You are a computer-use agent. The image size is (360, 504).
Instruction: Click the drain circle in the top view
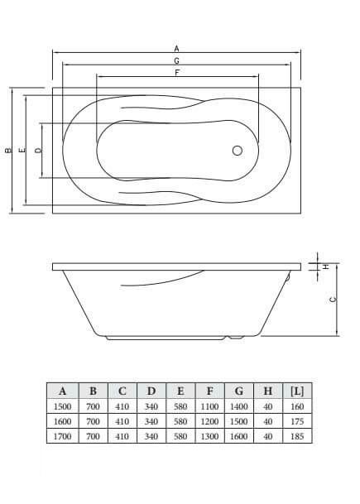[x=238, y=151]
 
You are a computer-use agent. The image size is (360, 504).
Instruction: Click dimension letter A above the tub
[x=176, y=49]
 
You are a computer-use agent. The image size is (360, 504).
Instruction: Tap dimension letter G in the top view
[x=176, y=60]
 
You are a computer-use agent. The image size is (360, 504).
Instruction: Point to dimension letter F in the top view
[x=177, y=73]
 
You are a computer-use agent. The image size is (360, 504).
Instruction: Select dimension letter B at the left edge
[x=8, y=150]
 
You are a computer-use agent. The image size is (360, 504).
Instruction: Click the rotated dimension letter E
[x=22, y=150]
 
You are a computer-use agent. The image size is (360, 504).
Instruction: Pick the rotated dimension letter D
[x=38, y=150]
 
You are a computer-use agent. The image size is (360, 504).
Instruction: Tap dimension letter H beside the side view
[x=326, y=266]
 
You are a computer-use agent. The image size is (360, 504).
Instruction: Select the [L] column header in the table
[x=297, y=391]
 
